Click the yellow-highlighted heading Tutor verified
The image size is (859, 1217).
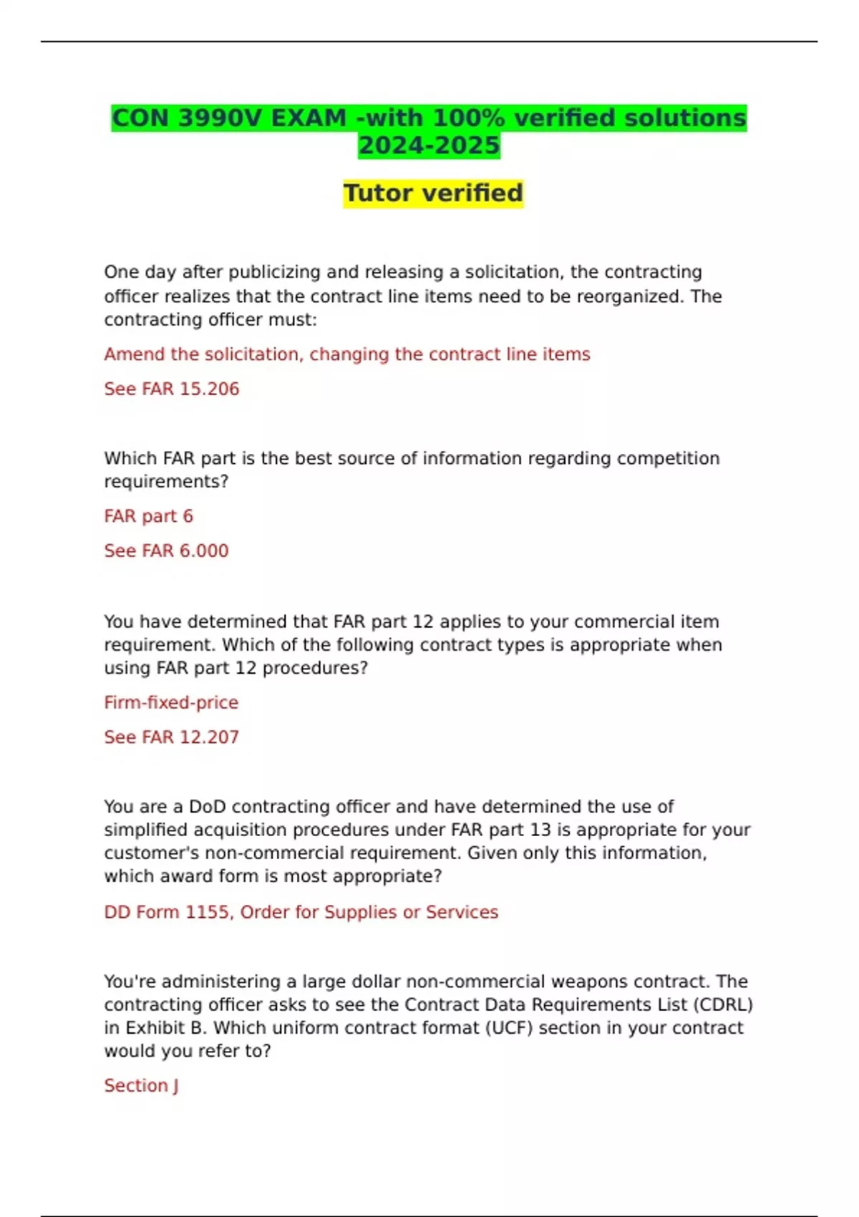pyautogui.click(x=433, y=193)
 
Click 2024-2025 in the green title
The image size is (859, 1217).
pyautogui.click(x=429, y=145)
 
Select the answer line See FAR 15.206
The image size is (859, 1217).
pyautogui.click(x=172, y=389)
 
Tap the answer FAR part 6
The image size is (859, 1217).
pyautogui.click(x=148, y=516)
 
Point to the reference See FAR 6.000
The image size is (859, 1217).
pyautogui.click(x=166, y=551)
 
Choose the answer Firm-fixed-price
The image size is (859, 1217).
pyautogui.click(x=171, y=702)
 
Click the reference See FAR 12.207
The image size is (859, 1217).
pyautogui.click(x=171, y=737)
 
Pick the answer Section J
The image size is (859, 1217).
pyautogui.click(x=141, y=1085)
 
